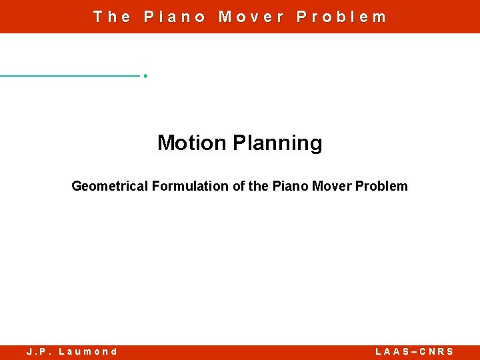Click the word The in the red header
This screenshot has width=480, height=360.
(x=112, y=17)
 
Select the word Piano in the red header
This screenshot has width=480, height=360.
(x=175, y=17)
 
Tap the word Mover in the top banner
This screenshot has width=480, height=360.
(x=251, y=17)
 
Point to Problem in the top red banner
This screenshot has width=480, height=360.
(x=341, y=17)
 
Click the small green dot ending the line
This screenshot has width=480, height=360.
(x=145, y=76)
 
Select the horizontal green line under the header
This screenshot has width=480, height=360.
(x=70, y=76)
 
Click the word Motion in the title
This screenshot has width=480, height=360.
(x=192, y=143)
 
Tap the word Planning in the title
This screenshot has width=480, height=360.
(x=277, y=143)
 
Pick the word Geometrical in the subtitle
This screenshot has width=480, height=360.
(x=110, y=186)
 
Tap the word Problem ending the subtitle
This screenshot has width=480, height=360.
(x=381, y=186)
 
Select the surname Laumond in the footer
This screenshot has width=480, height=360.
(x=88, y=351)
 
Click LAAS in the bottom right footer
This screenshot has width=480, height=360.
(x=391, y=351)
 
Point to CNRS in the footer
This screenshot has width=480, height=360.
(x=437, y=351)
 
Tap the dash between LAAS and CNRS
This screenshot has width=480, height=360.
(x=414, y=351)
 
